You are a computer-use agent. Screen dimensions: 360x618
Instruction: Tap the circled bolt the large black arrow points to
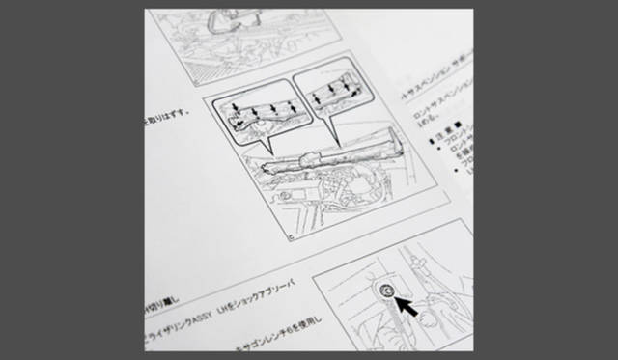tap(386, 290)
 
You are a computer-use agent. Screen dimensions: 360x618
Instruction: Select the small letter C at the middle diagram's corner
tap(290, 235)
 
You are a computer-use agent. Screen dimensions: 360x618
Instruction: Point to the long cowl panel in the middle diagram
tap(328, 154)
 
